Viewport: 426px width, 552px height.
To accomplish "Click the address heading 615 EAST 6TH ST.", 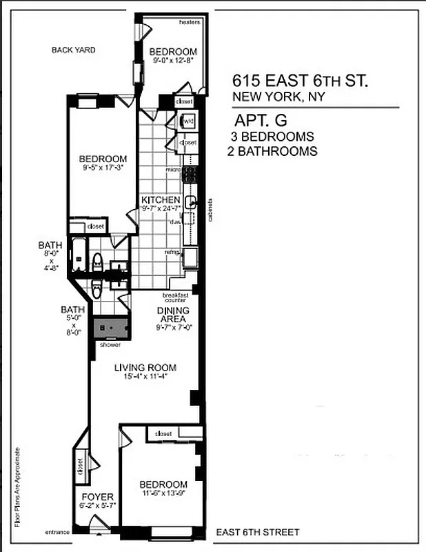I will [301, 81].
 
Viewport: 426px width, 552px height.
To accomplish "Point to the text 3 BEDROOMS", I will [272, 137].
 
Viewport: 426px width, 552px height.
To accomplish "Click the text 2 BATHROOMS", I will [272, 151].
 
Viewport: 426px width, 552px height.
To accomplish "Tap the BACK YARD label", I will [73, 50].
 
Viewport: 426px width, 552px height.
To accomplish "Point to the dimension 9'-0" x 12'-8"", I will [174, 61].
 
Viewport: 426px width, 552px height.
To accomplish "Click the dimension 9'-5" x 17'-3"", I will [102, 167].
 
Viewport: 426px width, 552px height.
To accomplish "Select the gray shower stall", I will [111, 329].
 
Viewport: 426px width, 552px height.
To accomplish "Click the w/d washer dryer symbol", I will [187, 122].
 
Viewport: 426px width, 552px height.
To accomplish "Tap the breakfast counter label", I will [176, 297].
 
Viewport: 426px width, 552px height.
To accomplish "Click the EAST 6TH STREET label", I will [258, 532].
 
